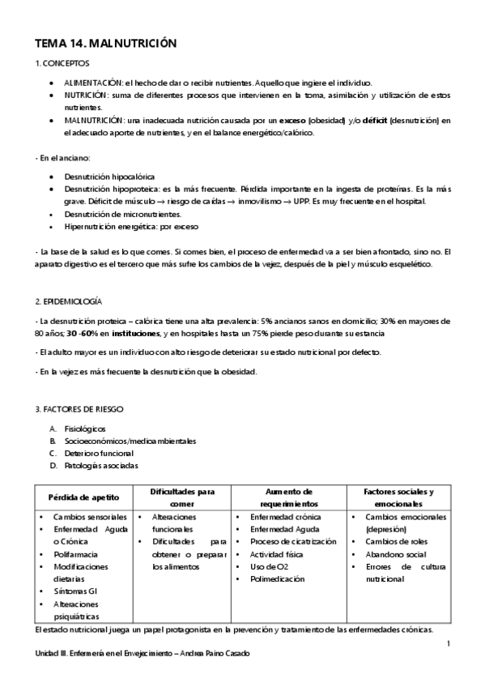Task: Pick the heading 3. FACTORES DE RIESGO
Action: click(x=79, y=409)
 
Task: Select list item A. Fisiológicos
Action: click(x=83, y=429)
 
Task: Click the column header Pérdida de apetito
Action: click(x=83, y=497)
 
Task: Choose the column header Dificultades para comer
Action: click(x=182, y=497)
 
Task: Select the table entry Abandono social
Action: click(x=397, y=554)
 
